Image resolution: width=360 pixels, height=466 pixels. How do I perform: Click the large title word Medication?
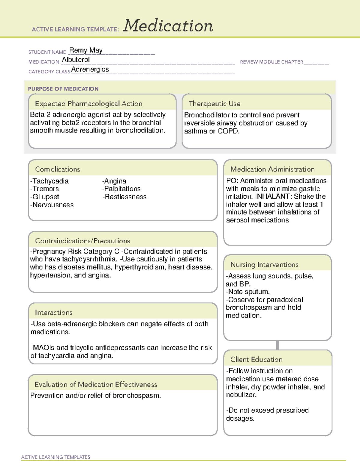coord(168,26)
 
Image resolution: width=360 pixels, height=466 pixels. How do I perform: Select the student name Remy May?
coord(86,50)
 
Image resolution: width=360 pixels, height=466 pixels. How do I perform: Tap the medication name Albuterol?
coord(76,60)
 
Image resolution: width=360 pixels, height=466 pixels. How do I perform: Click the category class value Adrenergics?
coord(90,69)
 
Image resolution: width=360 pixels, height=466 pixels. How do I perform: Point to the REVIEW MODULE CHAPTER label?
coord(271,62)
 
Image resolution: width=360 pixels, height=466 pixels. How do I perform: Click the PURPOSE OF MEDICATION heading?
coord(63,89)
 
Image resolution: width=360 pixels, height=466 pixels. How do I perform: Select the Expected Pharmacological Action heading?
coord(88,104)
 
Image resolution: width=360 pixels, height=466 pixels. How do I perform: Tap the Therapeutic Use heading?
coord(214,104)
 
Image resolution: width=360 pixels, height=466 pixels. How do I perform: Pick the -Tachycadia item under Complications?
coord(49,181)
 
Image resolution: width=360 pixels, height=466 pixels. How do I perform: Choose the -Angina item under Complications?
coord(114,181)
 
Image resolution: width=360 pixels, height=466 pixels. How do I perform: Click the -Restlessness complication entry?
coord(124,197)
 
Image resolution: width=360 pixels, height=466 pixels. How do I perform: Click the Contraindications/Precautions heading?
coord(82,241)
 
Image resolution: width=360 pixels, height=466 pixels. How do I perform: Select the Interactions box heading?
coord(53,312)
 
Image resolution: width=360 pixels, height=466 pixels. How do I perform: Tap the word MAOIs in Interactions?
coord(43,347)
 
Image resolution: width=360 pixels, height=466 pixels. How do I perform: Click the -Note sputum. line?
coord(248,292)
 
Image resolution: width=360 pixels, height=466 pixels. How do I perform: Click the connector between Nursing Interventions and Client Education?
coord(277,345)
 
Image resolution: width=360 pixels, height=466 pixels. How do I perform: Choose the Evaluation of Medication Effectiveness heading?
coord(96,384)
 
